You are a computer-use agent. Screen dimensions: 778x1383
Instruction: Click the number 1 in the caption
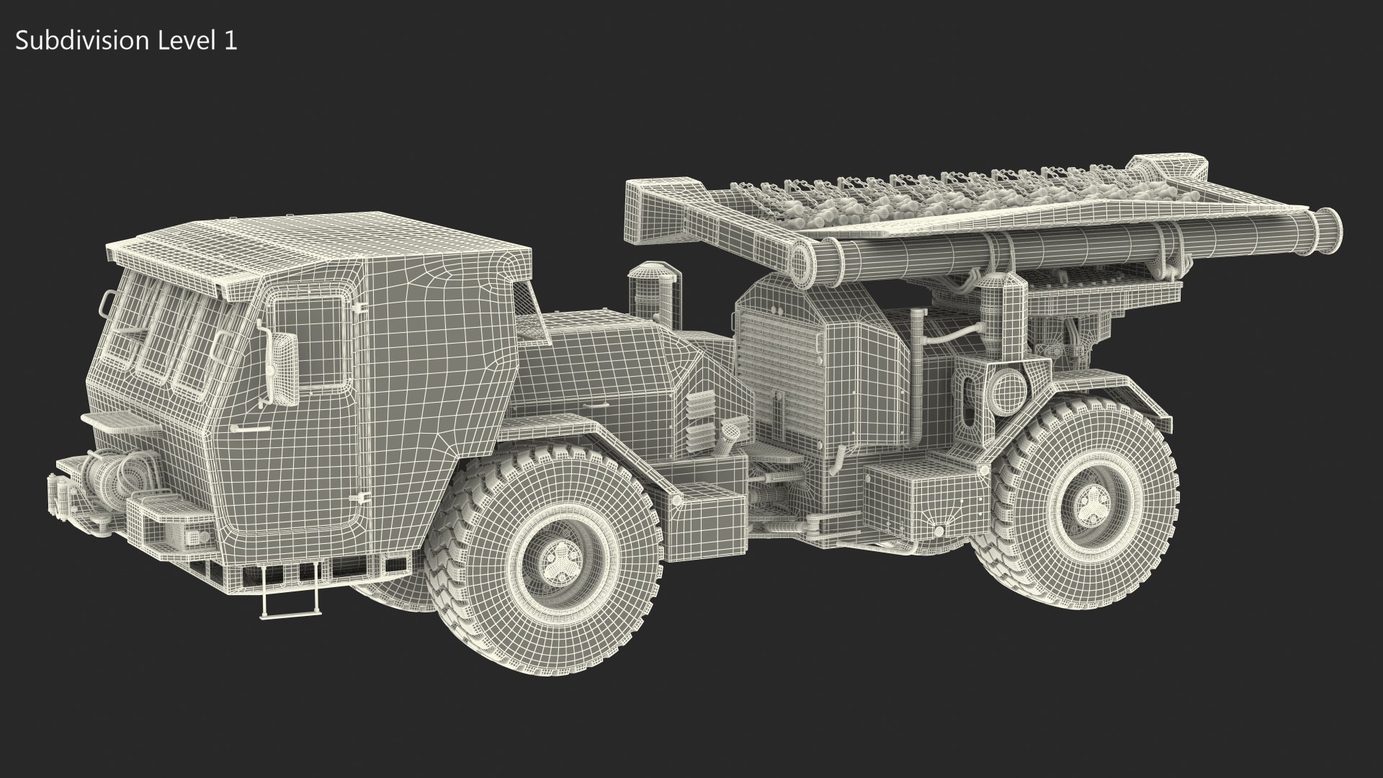pyautogui.click(x=230, y=41)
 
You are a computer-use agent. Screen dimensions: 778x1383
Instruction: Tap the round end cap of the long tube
pyautogui.click(x=1328, y=226)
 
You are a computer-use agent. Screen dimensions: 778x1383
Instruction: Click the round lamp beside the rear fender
pyautogui.click(x=1006, y=390)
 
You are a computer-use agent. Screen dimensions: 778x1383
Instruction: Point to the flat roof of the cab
pyautogui.click(x=317, y=238)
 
